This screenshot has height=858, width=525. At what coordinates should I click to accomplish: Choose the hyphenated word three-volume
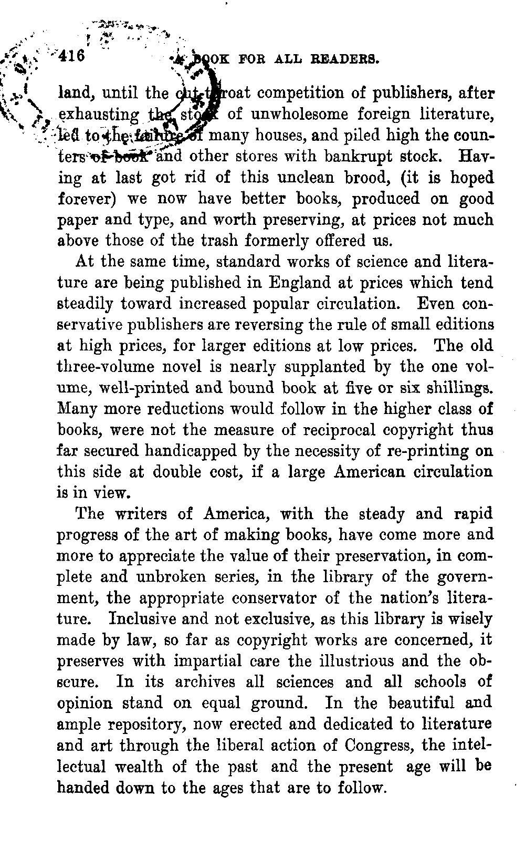[x=105, y=367]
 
